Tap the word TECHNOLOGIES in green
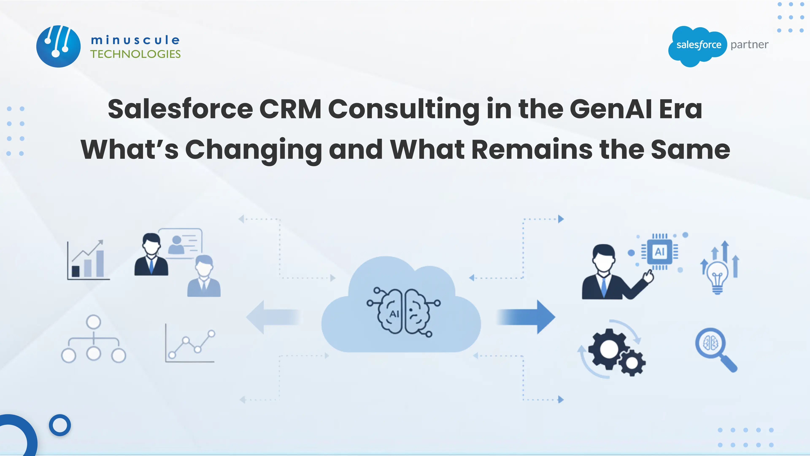coord(135,54)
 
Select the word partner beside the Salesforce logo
coord(749,45)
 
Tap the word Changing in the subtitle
coord(253,150)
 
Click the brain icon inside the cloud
coord(404,312)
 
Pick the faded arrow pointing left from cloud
coord(273,317)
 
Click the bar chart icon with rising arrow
coord(88,261)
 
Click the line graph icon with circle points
coord(190,344)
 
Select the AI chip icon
coord(659,252)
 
